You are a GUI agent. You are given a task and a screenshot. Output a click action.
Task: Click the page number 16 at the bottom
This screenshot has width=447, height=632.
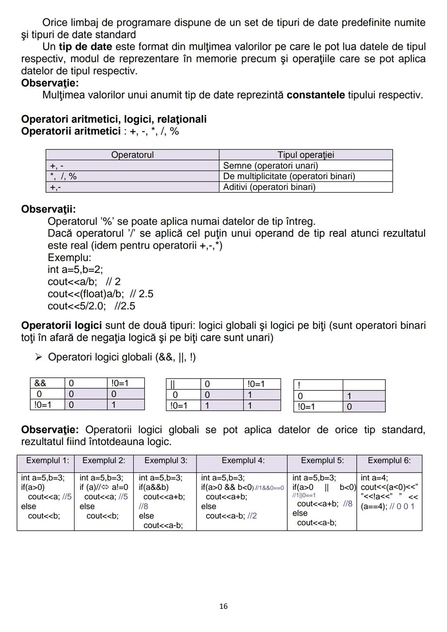(x=223, y=606)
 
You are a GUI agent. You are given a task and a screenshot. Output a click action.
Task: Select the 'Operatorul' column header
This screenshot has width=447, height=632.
(x=132, y=155)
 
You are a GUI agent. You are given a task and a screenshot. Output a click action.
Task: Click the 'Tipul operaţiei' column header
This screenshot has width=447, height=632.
(x=305, y=155)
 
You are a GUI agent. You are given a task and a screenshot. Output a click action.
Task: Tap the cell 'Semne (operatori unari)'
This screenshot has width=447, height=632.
(x=270, y=166)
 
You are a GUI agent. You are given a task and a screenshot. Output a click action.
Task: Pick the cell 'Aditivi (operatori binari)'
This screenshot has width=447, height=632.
(x=269, y=187)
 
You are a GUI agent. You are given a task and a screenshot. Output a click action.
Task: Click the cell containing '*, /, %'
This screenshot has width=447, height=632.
(x=63, y=176)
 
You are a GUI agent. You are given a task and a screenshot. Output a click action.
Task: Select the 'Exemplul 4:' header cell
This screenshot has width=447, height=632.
(x=243, y=461)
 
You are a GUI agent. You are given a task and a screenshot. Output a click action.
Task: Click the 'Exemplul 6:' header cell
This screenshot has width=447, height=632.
(x=389, y=461)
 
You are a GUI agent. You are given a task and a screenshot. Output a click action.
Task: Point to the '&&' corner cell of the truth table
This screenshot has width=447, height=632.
(x=40, y=383)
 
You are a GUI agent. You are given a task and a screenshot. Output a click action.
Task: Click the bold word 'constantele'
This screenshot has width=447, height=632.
(x=315, y=95)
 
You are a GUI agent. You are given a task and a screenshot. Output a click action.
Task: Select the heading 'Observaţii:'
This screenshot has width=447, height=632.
(x=48, y=209)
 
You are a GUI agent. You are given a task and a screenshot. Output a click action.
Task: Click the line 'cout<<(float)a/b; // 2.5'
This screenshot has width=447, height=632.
(x=100, y=294)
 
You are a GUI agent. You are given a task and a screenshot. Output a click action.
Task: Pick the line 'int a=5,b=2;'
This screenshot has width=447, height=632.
(x=75, y=270)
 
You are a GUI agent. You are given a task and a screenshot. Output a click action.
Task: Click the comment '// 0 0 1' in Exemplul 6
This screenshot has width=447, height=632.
(x=402, y=507)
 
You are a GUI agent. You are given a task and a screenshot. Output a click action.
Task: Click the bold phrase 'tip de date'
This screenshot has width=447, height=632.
(x=85, y=47)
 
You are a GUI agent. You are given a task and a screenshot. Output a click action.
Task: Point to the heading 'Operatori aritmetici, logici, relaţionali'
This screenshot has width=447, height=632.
(x=114, y=119)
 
